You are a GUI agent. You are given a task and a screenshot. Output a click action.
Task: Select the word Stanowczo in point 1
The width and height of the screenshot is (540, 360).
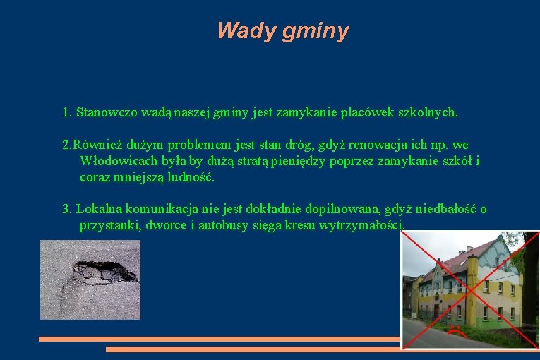point(107,112)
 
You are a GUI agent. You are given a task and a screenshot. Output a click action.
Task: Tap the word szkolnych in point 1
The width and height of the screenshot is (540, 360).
point(429,112)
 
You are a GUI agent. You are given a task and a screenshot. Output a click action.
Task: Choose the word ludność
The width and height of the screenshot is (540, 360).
point(188,177)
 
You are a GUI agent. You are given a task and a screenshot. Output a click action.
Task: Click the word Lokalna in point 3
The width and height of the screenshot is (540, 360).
point(98,209)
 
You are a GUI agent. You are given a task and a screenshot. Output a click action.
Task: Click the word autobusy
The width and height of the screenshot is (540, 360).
point(224,225)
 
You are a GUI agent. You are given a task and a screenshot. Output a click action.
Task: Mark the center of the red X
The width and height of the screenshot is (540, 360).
point(470,290)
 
